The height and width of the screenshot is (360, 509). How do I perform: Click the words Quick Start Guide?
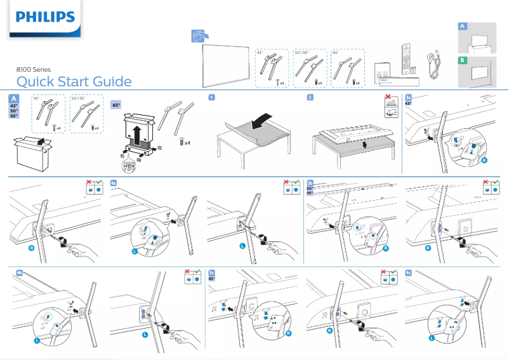[x=74, y=82]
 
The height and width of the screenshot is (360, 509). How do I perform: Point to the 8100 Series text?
[x=34, y=69]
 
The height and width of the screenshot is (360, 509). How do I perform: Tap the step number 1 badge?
[x=211, y=97]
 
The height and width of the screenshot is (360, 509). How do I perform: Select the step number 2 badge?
[x=309, y=97]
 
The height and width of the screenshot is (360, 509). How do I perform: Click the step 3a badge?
[x=408, y=97]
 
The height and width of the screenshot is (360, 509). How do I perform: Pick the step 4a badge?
[x=114, y=182]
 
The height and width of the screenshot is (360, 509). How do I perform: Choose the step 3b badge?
[x=310, y=182]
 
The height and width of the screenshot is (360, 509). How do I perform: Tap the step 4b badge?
[x=19, y=272]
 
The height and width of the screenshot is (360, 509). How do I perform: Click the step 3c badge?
[x=212, y=272]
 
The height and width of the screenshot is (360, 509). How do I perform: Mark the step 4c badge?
[x=408, y=272]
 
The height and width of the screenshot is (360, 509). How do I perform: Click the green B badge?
[x=463, y=60]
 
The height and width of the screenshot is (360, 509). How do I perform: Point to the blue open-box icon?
[x=200, y=36]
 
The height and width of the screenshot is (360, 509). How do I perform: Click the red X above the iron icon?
[x=388, y=100]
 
